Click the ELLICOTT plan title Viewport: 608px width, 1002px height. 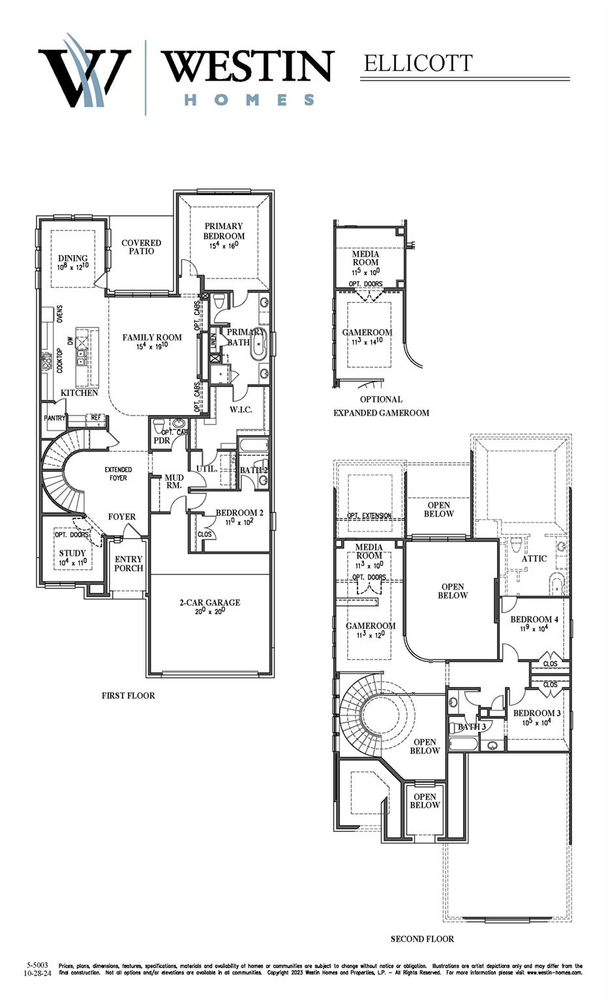tap(418, 63)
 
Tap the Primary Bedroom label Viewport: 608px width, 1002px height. tap(224, 231)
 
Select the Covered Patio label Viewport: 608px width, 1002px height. tap(142, 247)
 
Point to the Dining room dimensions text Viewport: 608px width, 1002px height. tap(72, 267)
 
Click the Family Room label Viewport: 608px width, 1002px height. tap(152, 337)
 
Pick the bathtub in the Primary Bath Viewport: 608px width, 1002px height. tap(259, 344)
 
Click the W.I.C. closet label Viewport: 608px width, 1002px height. tap(241, 410)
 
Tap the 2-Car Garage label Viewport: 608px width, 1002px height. tap(209, 603)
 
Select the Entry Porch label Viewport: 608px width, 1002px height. tap(129, 564)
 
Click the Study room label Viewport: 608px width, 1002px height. tap(72, 553)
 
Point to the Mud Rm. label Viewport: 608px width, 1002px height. tap(174, 481)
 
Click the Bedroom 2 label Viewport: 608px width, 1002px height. tap(239, 513)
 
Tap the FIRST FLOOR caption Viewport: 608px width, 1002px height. tap(129, 695)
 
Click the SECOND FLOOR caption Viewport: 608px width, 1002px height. tap(422, 939)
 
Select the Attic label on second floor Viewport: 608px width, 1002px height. tap(534, 558)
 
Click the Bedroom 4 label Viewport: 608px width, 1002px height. tap(534, 619)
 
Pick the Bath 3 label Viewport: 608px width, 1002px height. tap(471, 727)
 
